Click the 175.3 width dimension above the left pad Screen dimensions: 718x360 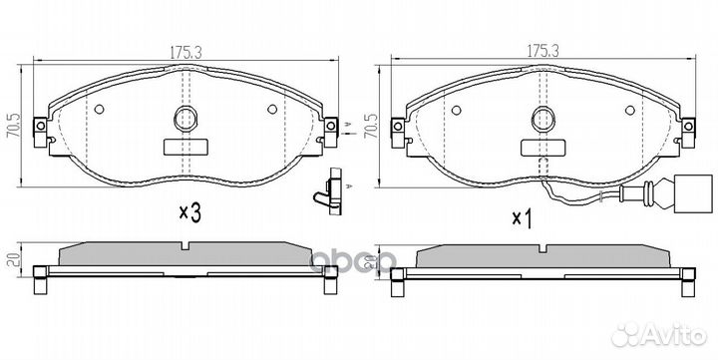pos(185,52)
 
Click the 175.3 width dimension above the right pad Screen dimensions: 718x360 pos(542,51)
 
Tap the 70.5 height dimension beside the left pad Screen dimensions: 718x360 pos(14,126)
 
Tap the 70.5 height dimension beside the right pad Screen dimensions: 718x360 pos(371,126)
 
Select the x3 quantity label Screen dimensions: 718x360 pos(189,213)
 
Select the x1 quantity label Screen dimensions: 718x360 pos(523,219)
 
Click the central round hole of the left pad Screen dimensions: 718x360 pos(185,119)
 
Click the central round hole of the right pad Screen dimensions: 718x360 pos(543,119)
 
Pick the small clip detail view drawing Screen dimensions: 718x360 pos(331,191)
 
